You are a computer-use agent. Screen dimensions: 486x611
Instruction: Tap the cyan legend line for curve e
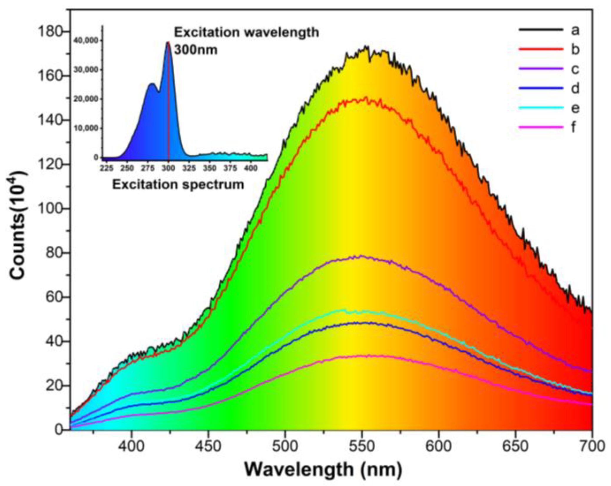[x=541, y=108]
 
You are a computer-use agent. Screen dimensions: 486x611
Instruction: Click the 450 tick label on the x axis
[x=208, y=446]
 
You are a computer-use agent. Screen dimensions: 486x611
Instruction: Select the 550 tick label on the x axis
[x=362, y=446]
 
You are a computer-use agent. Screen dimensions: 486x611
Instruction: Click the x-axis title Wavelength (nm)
[x=323, y=470]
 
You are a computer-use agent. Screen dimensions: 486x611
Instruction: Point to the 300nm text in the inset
[x=196, y=50]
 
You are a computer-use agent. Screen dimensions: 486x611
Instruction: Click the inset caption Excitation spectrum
[x=178, y=185]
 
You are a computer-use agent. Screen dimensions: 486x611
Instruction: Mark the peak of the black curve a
[x=366, y=46]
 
